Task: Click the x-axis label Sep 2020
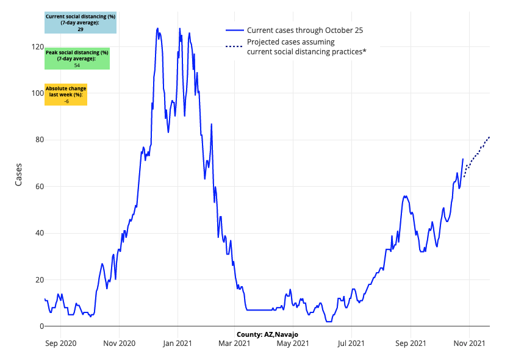[61, 344]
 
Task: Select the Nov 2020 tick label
[119, 344]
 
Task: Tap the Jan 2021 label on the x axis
[178, 344]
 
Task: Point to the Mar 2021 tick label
[234, 344]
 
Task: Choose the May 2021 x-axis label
[293, 344]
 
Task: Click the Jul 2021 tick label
[351, 344]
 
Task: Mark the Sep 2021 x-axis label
[411, 344]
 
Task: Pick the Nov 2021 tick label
[470, 344]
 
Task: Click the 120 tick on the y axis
[37, 47]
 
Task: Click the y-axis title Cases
[18, 175]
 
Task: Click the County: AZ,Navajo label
[267, 334]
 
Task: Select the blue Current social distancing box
[81, 23]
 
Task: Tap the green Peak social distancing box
[77, 59]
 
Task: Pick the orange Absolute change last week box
[66, 95]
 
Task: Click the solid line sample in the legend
[235, 30]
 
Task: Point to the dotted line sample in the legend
[235, 47]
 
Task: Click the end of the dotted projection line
[489, 137]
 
